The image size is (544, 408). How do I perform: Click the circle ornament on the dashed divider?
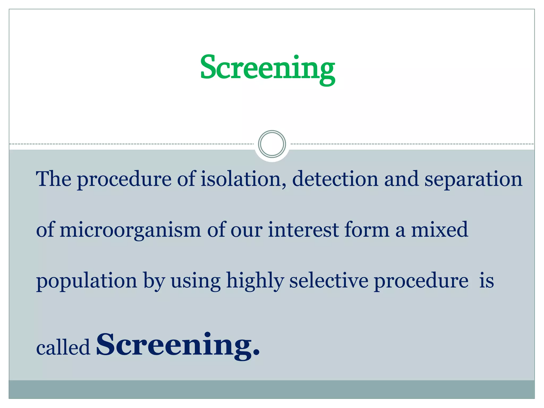(x=272, y=144)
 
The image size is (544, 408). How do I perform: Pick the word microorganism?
(x=130, y=230)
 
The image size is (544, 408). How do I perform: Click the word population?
(x=87, y=281)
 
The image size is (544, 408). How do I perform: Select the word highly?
(x=255, y=281)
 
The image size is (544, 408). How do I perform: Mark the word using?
(x=195, y=281)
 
